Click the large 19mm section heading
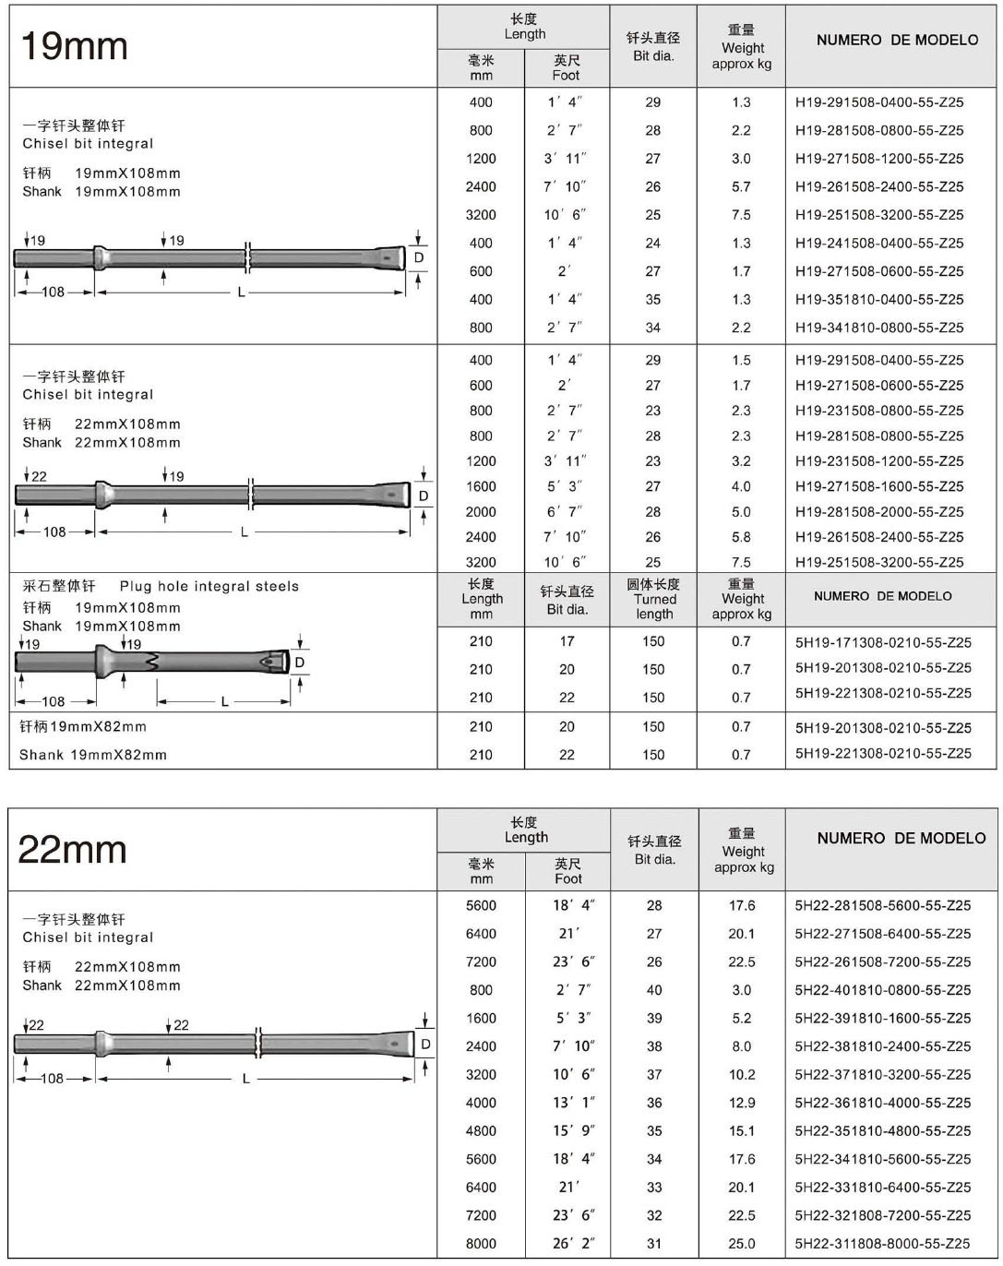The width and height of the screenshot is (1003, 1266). pos(74,46)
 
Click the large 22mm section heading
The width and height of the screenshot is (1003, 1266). pos(72,849)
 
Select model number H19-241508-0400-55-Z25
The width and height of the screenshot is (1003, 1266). pos(878,244)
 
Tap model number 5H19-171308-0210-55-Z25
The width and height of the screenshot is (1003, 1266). pos(883,642)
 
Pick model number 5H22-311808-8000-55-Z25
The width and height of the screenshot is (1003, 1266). pos(882,1243)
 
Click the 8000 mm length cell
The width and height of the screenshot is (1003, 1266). pos(481,1243)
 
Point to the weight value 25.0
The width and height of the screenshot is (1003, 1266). pos(741,1243)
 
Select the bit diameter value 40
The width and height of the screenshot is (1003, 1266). pos(654,990)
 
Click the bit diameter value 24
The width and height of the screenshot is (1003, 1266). pos(653,244)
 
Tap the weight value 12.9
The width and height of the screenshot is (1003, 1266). pos(741,1103)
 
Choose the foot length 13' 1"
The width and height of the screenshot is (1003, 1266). pos(574,1103)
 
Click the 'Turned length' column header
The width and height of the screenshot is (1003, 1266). pos(653,599)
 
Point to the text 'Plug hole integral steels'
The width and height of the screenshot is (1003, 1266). pos(209,586)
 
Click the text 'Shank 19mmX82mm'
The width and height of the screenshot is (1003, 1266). pos(93,755)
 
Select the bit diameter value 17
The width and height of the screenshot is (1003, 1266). pos(567,641)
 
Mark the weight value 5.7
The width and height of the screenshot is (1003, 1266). pos(741,186)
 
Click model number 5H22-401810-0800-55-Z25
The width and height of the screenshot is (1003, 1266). pos(882,990)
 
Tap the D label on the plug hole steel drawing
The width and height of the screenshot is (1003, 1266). pos(299,663)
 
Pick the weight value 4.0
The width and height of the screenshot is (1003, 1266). pos(741,486)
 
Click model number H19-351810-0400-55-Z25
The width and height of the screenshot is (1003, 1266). pos(878,300)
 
